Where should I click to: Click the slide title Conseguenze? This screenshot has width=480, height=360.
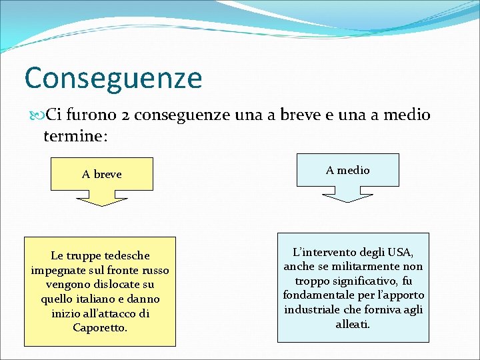click(x=113, y=77)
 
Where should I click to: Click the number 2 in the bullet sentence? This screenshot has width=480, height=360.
click(x=126, y=115)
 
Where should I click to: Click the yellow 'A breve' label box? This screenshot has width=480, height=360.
click(x=102, y=174)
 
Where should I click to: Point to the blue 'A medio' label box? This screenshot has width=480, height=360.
click(x=347, y=170)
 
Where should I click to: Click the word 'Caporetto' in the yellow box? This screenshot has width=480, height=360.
click(x=99, y=327)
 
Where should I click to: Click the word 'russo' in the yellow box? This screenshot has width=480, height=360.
click(x=155, y=270)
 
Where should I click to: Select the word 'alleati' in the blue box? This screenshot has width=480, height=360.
click(x=352, y=325)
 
